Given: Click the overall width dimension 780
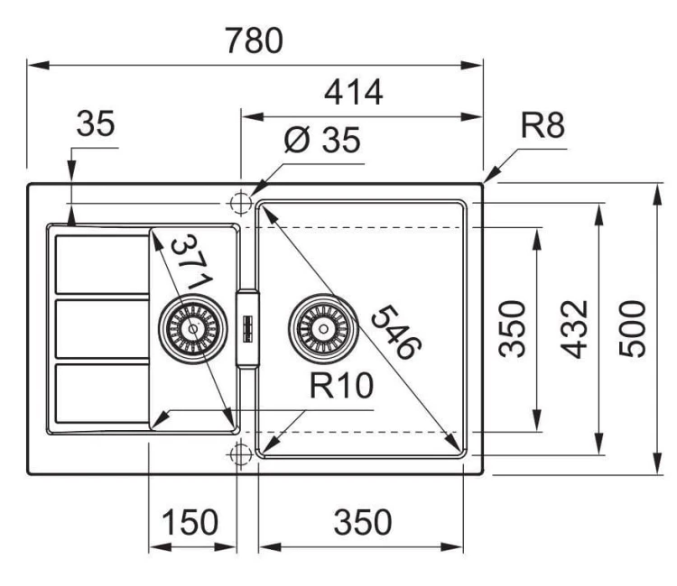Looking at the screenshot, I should click(254, 41).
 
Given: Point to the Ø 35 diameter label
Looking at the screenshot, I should click(320, 142).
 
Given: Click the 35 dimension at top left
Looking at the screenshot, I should click(96, 125).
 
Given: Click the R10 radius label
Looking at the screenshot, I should click(340, 386).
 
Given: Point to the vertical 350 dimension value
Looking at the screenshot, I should click(515, 328).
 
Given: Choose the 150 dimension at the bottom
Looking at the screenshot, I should click(190, 522).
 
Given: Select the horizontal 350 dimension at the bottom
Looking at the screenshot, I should click(361, 522).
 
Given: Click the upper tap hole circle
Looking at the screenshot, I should click(240, 204).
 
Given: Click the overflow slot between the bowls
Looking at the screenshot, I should click(246, 328).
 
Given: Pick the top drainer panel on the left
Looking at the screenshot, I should click(102, 263).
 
